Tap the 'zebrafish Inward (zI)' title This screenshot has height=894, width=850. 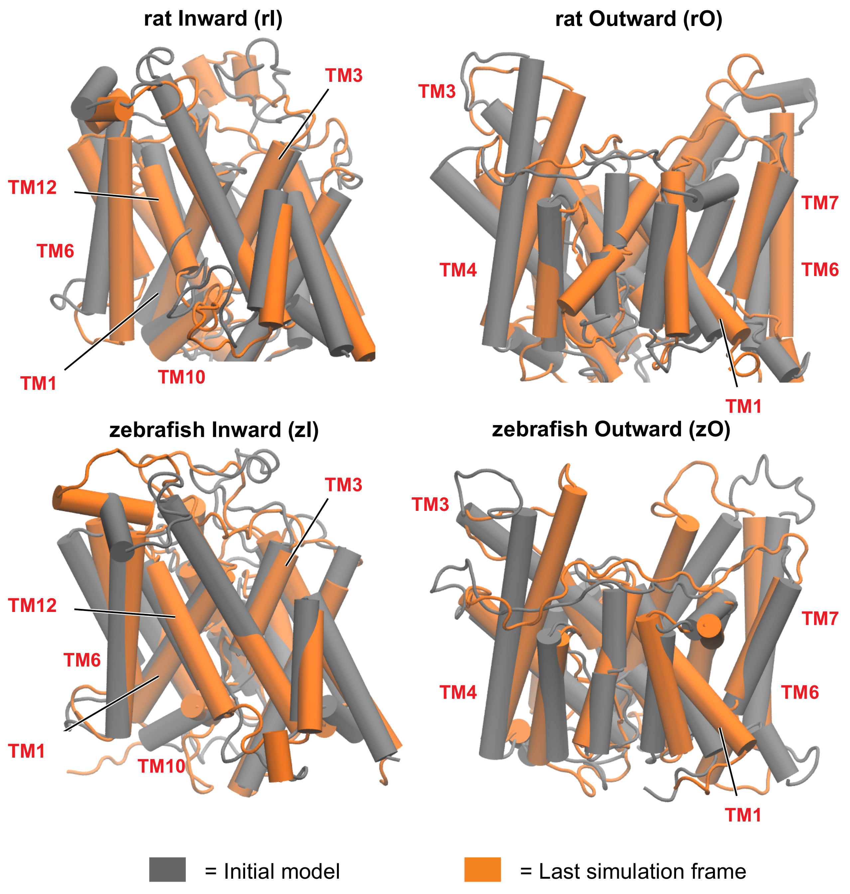(214, 430)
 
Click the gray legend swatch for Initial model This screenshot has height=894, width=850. (167, 869)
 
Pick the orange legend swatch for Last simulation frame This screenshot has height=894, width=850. (483, 869)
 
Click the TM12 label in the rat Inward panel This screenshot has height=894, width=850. (33, 188)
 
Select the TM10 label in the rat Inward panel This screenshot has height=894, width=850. (182, 377)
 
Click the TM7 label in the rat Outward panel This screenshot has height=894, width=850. (820, 203)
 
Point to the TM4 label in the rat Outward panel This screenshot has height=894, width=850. (458, 270)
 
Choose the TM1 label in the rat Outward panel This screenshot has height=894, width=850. (744, 406)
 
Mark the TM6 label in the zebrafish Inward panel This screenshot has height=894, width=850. (82, 660)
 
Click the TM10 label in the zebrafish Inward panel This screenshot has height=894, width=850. (162, 766)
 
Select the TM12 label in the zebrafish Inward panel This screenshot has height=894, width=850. (33, 606)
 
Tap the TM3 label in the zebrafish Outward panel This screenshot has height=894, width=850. (430, 504)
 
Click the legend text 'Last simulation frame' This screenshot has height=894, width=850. (642, 871)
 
